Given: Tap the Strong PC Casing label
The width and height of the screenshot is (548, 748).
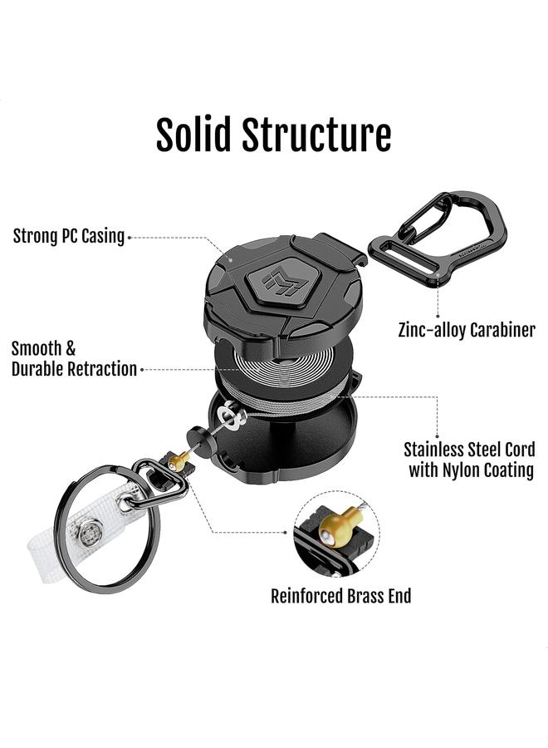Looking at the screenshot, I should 69,236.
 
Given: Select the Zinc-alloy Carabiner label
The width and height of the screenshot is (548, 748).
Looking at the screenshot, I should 467,330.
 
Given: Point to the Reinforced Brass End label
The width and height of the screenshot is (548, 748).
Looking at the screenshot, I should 341,595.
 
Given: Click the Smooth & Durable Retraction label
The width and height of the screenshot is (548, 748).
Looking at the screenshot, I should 73,359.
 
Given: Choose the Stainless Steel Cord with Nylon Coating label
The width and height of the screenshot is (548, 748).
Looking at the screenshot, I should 470,460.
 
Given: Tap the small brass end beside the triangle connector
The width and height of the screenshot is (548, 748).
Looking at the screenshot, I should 178,459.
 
